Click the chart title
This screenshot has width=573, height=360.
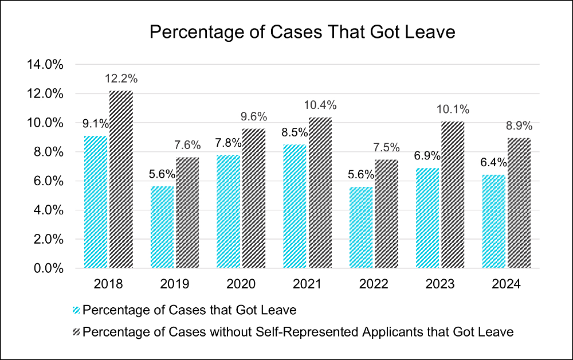pos(302,32)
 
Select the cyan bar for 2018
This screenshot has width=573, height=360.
pos(96,202)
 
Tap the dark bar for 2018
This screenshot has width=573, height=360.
pos(121,179)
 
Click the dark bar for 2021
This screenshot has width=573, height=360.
pos(320,193)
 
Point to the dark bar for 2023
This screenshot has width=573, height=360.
pos(453,195)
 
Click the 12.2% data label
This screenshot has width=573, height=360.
pos(121,79)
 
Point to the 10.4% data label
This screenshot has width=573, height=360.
pos(320,105)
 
